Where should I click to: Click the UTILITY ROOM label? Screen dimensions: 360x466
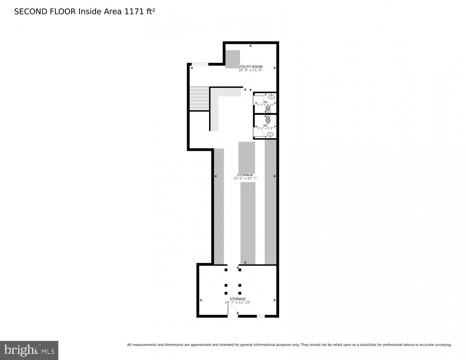250,67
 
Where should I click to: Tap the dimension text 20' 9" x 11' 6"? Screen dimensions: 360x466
250,70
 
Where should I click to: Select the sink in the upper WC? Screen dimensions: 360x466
271,96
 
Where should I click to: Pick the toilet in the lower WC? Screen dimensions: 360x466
268,120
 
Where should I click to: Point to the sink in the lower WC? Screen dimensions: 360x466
270,134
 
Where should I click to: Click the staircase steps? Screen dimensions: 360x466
199,99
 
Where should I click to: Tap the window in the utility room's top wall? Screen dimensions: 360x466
199,64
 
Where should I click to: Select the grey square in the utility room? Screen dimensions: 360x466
232,59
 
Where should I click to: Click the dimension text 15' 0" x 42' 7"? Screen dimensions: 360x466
245,178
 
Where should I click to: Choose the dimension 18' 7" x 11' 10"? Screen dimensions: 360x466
237,302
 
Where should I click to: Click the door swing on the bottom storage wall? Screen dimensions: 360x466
232,311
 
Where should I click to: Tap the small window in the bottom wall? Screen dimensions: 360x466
261,316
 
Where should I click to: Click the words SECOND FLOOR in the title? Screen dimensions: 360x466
45,12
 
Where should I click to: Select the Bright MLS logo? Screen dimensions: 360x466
29,350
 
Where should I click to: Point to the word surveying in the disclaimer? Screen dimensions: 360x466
441,345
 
